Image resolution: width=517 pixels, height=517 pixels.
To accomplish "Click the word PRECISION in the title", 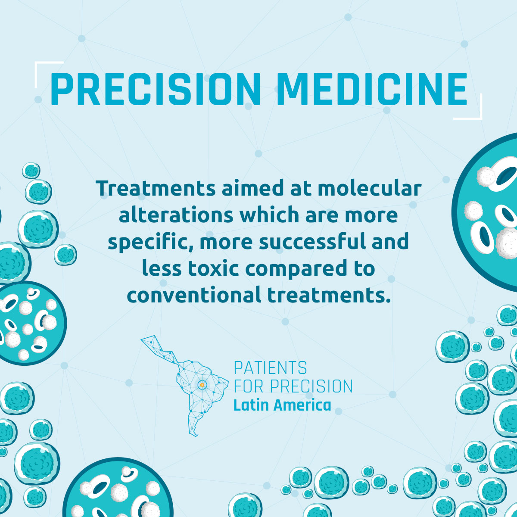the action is pos(156,89).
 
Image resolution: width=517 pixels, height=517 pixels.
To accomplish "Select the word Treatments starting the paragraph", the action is pos(156,188).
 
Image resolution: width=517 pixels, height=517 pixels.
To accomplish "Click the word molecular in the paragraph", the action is pos(369,188).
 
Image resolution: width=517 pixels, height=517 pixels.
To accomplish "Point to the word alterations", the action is pos(176,215).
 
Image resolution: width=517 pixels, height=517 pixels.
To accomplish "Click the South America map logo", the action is pos(185,386).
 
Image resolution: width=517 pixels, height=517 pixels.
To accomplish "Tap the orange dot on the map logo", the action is pos(202,385).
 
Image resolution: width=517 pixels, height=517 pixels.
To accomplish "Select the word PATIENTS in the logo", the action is pos(271,368).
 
